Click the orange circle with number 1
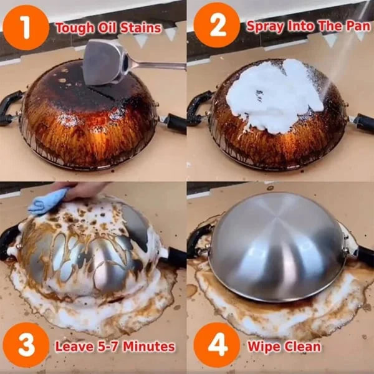click(26, 27)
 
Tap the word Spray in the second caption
click(262, 26)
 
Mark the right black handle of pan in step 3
click(173, 256)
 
